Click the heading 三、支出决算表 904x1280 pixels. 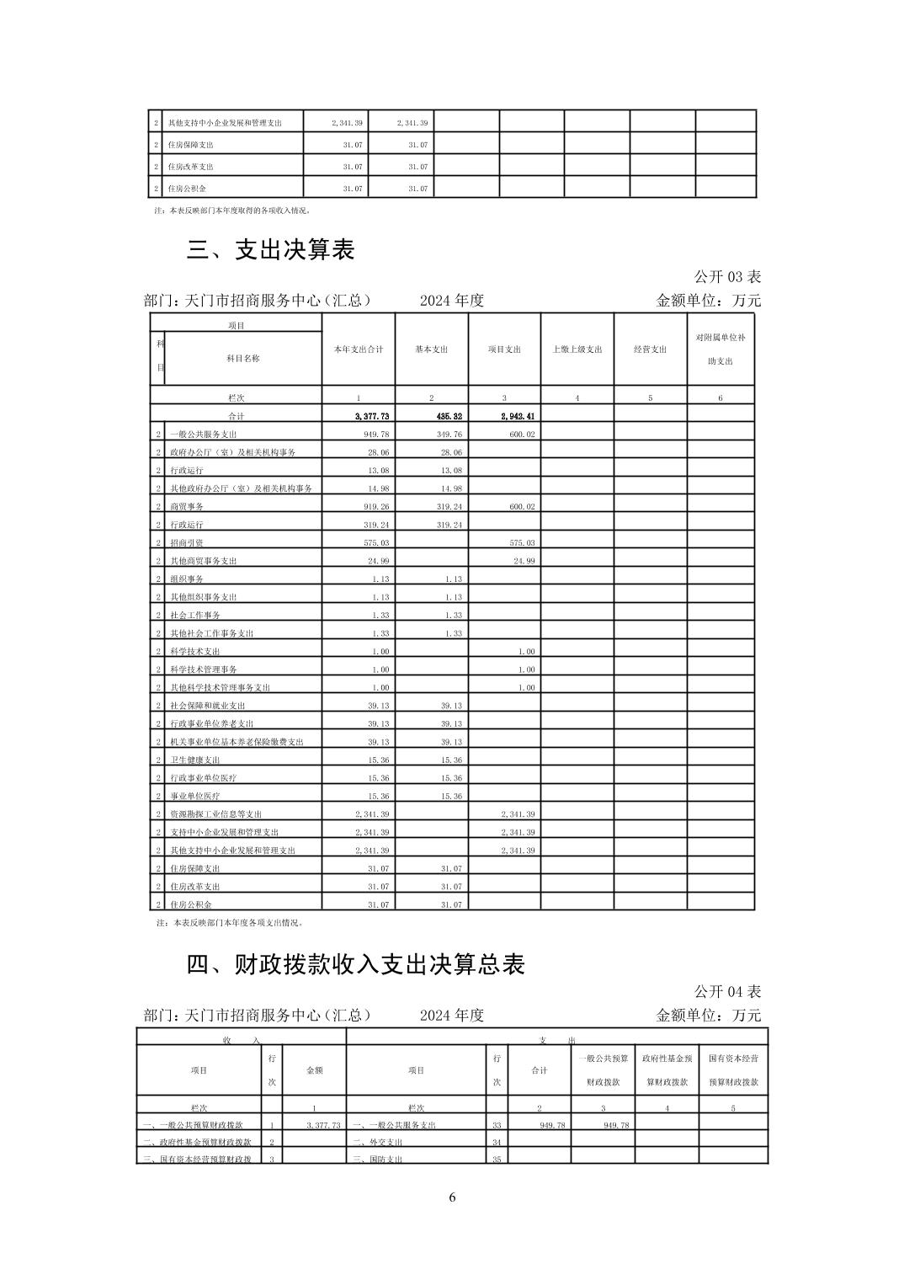(271, 250)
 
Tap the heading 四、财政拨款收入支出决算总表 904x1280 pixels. (356, 964)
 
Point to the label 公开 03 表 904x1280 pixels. (727, 277)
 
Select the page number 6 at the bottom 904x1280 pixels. (452, 1197)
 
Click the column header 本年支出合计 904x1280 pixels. (359, 349)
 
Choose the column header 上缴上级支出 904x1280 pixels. (577, 349)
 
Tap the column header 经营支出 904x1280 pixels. (650, 349)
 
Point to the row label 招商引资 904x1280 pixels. (187, 543)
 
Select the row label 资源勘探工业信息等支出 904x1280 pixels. (215, 814)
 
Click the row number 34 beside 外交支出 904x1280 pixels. (497, 1143)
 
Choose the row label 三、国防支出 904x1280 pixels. (376, 1160)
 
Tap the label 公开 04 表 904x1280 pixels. (727, 992)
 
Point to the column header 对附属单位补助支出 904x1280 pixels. (720, 349)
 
